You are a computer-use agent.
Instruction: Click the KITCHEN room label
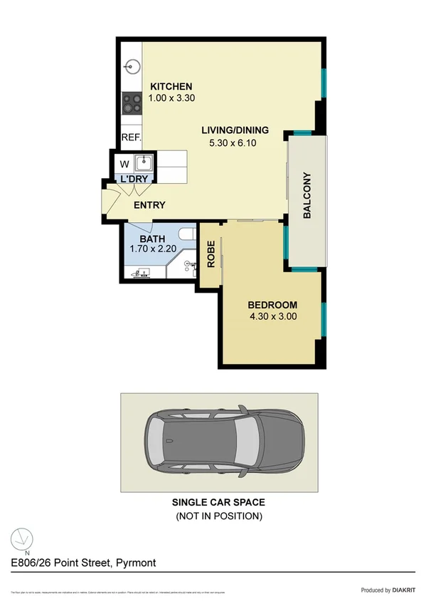(x=171, y=87)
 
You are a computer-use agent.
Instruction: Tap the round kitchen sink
(x=131, y=68)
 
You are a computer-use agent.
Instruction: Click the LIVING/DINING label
(x=235, y=130)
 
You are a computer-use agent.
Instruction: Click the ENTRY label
(x=149, y=205)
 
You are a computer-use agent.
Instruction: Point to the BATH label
(x=152, y=239)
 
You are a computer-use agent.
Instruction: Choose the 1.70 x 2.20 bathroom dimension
(x=152, y=250)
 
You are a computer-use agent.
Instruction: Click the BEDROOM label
(x=273, y=305)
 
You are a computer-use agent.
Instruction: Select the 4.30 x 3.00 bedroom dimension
(x=273, y=317)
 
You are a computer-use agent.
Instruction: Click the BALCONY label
(x=307, y=195)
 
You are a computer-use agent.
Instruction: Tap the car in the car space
(x=223, y=442)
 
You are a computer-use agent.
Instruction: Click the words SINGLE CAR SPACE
(x=218, y=502)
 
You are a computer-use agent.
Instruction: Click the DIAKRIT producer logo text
(x=400, y=590)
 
